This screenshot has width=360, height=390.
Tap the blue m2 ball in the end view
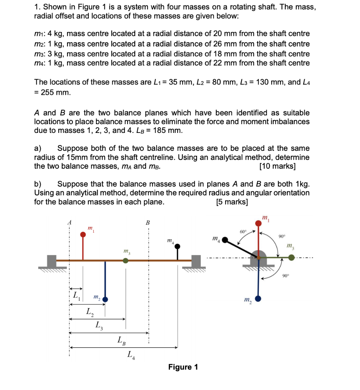click(x=258, y=299)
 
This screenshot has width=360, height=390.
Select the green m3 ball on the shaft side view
click(x=126, y=261)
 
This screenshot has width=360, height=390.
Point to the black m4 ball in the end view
click(x=226, y=240)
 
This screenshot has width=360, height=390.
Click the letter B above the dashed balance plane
click(x=148, y=222)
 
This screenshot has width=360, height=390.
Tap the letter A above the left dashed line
click(x=69, y=222)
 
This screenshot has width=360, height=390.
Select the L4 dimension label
click(x=130, y=356)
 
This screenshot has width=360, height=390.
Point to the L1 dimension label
click(x=76, y=295)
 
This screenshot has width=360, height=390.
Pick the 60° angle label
click(x=242, y=232)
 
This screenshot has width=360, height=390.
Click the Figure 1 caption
click(x=183, y=367)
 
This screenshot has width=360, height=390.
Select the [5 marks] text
click(x=232, y=202)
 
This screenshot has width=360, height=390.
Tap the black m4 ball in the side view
click(x=177, y=246)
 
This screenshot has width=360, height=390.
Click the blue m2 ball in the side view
click(x=105, y=299)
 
